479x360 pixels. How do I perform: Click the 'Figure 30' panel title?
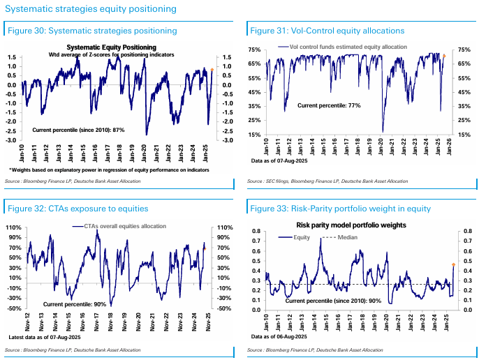91,31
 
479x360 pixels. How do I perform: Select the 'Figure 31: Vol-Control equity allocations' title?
327,31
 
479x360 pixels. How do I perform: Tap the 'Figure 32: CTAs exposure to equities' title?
77,209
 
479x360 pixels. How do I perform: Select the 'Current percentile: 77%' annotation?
330,105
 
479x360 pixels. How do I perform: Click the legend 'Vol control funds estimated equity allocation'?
346,47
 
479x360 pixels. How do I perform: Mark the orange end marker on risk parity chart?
453,264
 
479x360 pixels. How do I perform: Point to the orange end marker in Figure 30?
212,70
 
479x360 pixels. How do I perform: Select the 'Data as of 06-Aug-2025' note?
277,337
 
